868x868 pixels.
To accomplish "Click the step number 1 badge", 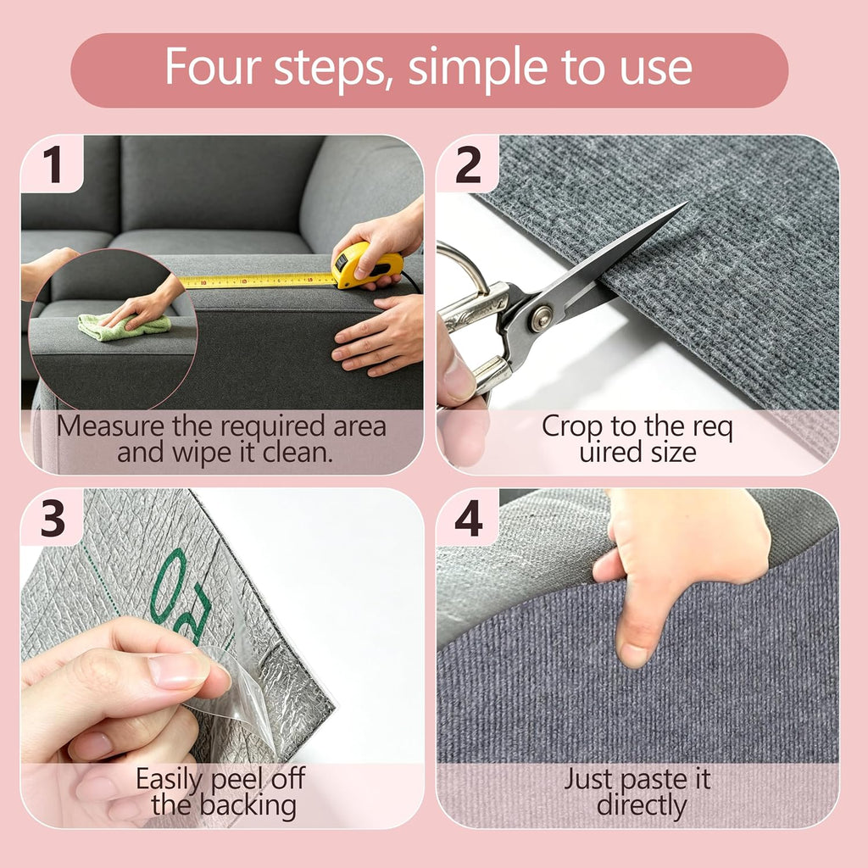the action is point(52,164).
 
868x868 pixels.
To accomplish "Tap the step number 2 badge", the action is point(468,164).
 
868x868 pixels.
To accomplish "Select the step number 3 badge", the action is point(52,518).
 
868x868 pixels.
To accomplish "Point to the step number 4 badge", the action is point(468,518).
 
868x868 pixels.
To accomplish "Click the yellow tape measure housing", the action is point(366,265).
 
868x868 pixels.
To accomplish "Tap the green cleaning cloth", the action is point(124,326).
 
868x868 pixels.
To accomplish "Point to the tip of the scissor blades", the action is point(687,203).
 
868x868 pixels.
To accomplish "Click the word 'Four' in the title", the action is point(213,66).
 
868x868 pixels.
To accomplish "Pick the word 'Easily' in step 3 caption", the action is point(170,781).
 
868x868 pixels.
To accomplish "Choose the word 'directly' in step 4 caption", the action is point(642,805).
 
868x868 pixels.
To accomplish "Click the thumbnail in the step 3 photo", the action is point(178,670).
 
